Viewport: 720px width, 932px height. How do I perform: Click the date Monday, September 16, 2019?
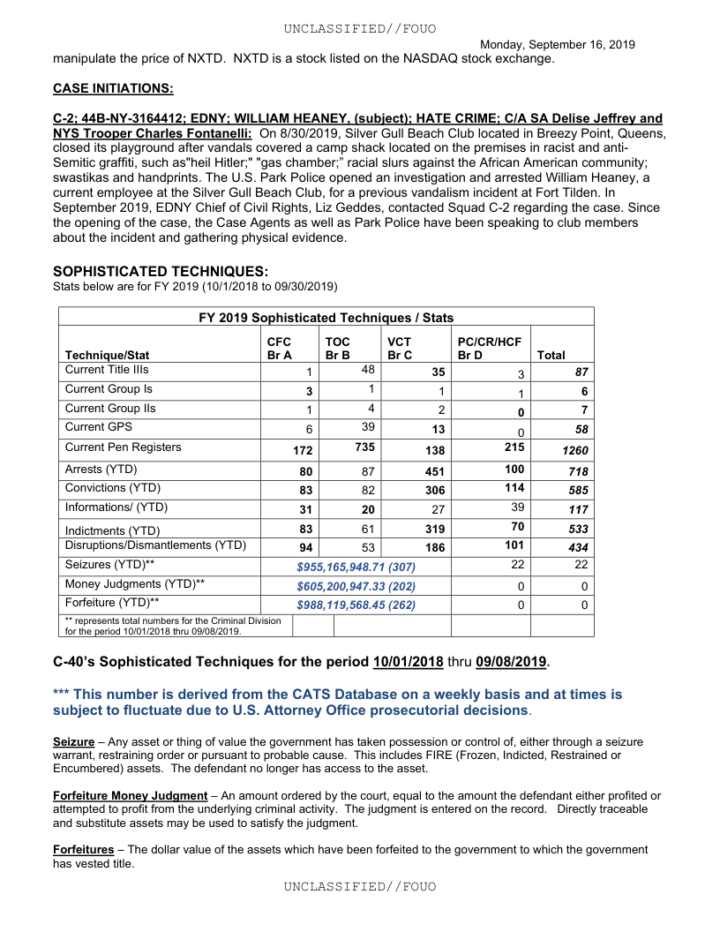coord(557,44)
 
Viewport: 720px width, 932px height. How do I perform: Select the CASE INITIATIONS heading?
coord(113,88)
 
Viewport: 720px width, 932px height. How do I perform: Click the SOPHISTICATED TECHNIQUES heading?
coord(161,271)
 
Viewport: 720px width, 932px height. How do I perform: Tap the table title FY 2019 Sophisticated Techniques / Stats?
coord(326,318)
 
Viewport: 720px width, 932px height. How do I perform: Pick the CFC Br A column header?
coord(279,348)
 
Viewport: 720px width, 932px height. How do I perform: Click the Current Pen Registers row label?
coord(123,447)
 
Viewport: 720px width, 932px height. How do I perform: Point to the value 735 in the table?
coord(364,447)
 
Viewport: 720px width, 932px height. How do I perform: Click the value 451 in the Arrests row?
coord(431,471)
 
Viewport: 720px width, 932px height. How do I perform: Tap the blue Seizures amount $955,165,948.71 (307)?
coord(356,567)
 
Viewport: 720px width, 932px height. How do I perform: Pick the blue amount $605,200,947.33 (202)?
coord(356,586)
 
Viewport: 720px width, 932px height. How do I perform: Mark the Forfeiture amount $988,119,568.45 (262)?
coord(356,605)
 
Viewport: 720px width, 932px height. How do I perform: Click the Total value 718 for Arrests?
coord(576,472)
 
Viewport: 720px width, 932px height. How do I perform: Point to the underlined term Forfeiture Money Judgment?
coord(130,796)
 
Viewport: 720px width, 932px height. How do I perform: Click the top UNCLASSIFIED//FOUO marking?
coord(359,29)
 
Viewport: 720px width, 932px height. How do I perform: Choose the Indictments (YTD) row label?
coord(112,530)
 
